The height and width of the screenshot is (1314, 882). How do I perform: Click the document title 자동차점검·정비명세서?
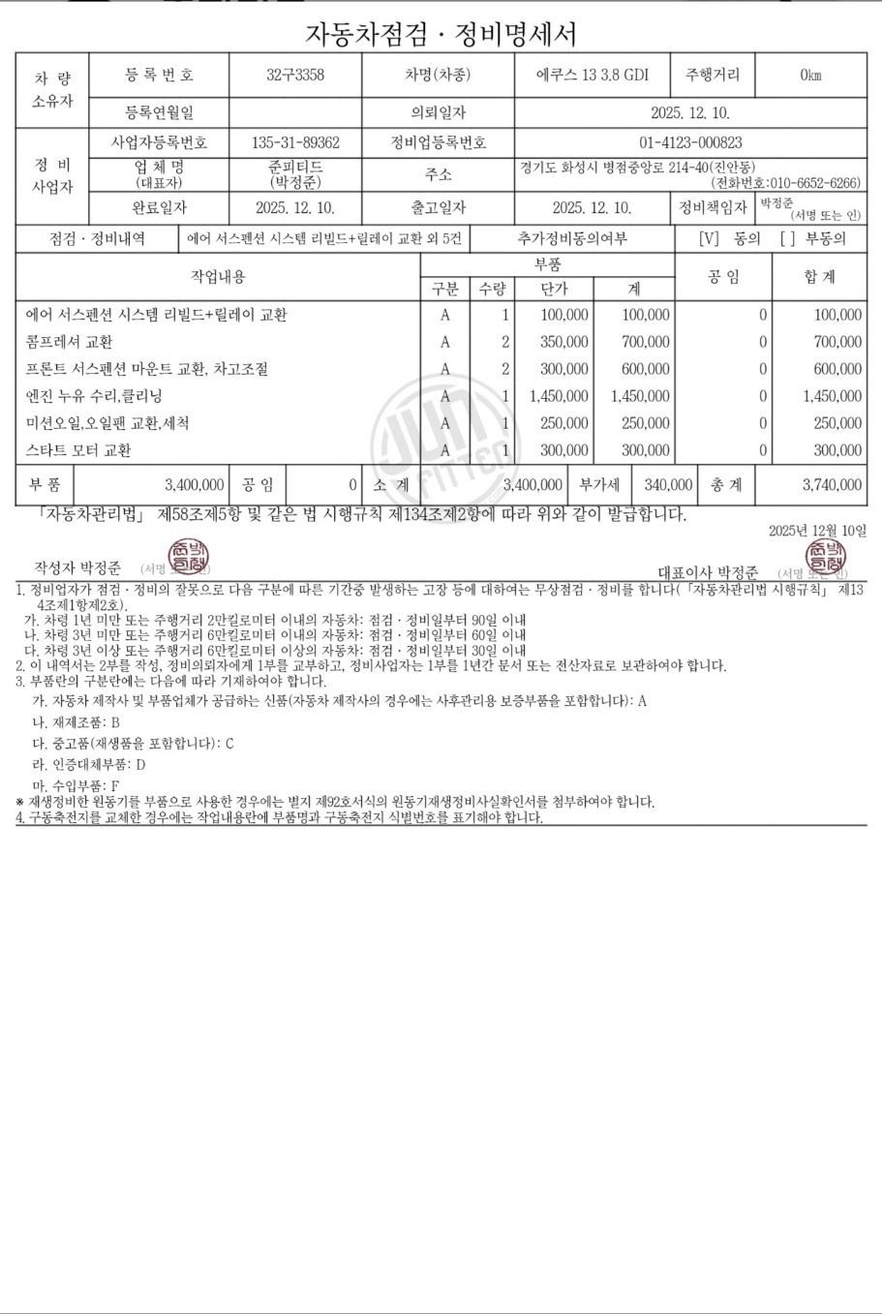click(441, 34)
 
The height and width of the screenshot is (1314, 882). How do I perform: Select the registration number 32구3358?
click(295, 76)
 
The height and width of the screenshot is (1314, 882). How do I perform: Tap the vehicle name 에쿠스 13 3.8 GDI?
click(593, 76)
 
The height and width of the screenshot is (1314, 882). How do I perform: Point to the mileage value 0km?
click(810, 76)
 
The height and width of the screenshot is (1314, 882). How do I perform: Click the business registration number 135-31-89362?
click(295, 142)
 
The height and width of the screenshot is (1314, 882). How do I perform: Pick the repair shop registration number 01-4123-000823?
click(690, 142)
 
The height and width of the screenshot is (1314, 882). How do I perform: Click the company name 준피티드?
click(295, 167)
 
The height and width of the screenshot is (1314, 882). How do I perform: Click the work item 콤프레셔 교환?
click(70, 342)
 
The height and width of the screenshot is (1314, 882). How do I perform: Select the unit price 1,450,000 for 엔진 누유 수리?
click(560, 396)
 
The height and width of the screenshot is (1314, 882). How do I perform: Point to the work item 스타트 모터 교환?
click(78, 450)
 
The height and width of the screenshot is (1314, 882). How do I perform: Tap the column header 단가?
click(554, 289)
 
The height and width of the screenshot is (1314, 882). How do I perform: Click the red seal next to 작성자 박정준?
click(183, 556)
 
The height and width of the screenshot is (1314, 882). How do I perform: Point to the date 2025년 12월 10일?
click(817, 531)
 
